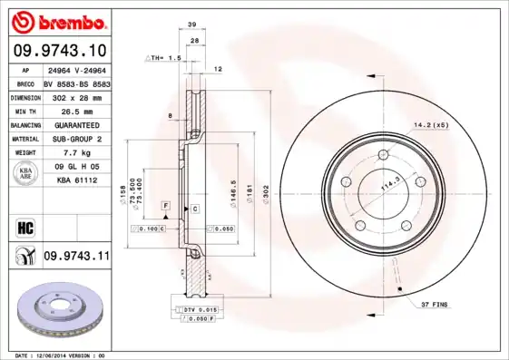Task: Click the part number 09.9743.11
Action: tap(76, 257)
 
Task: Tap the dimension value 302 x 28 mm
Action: tap(76, 95)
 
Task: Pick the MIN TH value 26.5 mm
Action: tap(76, 109)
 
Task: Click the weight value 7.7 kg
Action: tap(76, 152)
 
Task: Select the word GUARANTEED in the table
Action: tap(76, 123)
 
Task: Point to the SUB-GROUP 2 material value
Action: tap(76, 138)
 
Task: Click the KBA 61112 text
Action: tap(76, 181)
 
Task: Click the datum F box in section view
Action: tap(166, 207)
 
